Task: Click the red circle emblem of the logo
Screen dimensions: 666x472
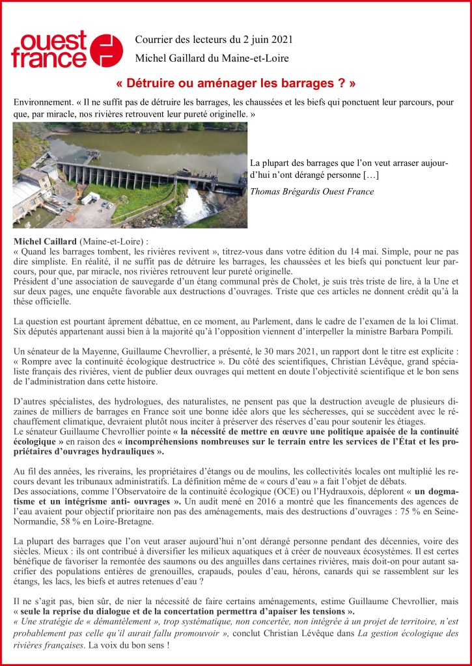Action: [x=107, y=50]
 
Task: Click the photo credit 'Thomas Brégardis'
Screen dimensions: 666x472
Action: [x=284, y=191]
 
